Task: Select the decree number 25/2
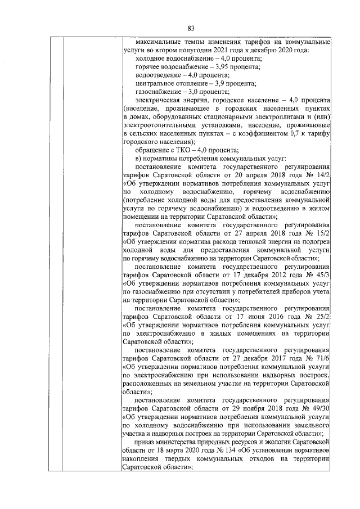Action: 322,316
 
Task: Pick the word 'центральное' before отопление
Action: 156,83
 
